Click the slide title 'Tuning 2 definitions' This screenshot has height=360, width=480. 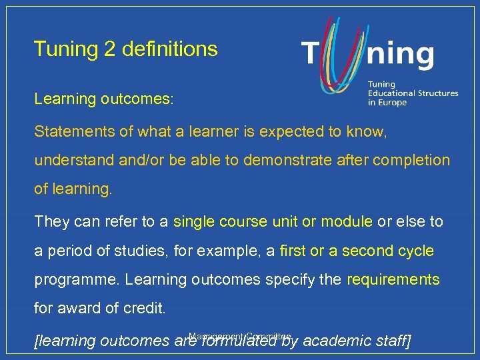coord(125,49)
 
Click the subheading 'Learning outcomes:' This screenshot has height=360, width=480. coord(104,99)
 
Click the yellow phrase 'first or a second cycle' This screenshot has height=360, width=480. coord(357,251)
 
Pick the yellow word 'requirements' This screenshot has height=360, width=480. coord(393,280)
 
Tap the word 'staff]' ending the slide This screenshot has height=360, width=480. coord(387,341)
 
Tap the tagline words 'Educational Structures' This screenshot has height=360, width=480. coord(413,94)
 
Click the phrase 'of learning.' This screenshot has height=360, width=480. coord(73,190)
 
